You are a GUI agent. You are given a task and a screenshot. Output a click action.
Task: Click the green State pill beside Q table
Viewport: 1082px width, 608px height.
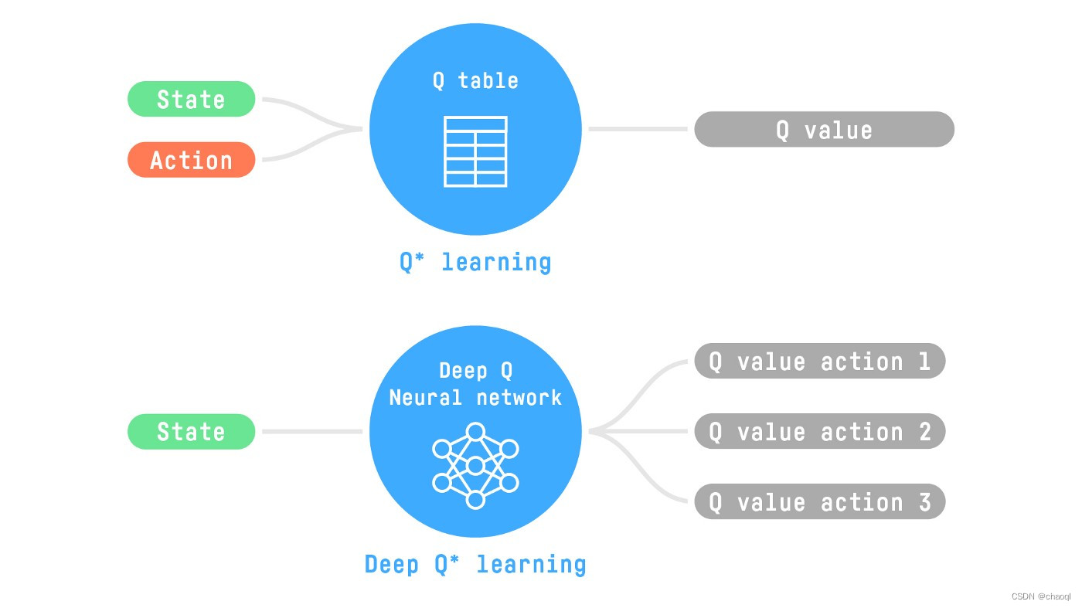[191, 99]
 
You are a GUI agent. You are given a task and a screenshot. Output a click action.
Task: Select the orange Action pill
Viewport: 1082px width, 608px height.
[191, 160]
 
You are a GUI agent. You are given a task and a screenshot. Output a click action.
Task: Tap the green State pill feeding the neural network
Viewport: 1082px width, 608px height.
[191, 431]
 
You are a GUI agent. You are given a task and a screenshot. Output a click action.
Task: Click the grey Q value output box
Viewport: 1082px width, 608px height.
[824, 129]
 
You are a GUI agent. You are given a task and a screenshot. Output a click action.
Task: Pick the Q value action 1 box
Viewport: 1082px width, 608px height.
[819, 361]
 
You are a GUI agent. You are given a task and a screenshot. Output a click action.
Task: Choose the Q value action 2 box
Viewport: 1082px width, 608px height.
[819, 431]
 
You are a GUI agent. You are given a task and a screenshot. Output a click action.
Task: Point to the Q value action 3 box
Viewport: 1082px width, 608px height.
[819, 501]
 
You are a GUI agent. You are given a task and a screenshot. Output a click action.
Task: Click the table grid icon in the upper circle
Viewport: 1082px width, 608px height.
[475, 151]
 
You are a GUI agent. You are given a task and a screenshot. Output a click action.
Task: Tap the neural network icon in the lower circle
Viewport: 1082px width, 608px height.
[475, 465]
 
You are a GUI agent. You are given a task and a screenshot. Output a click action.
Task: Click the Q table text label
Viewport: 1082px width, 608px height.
[475, 80]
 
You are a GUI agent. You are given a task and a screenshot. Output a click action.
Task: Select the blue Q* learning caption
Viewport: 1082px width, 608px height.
[475, 262]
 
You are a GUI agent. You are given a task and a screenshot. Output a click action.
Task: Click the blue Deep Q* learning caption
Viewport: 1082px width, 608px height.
[475, 564]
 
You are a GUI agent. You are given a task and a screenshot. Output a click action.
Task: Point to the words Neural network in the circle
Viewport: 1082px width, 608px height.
[475, 397]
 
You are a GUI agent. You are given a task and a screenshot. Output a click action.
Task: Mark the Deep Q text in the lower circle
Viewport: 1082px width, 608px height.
[475, 371]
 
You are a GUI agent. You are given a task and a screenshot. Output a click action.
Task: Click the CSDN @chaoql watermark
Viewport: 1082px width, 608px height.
[1044, 597]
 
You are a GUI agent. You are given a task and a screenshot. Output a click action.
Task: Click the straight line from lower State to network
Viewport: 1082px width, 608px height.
[312, 431]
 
